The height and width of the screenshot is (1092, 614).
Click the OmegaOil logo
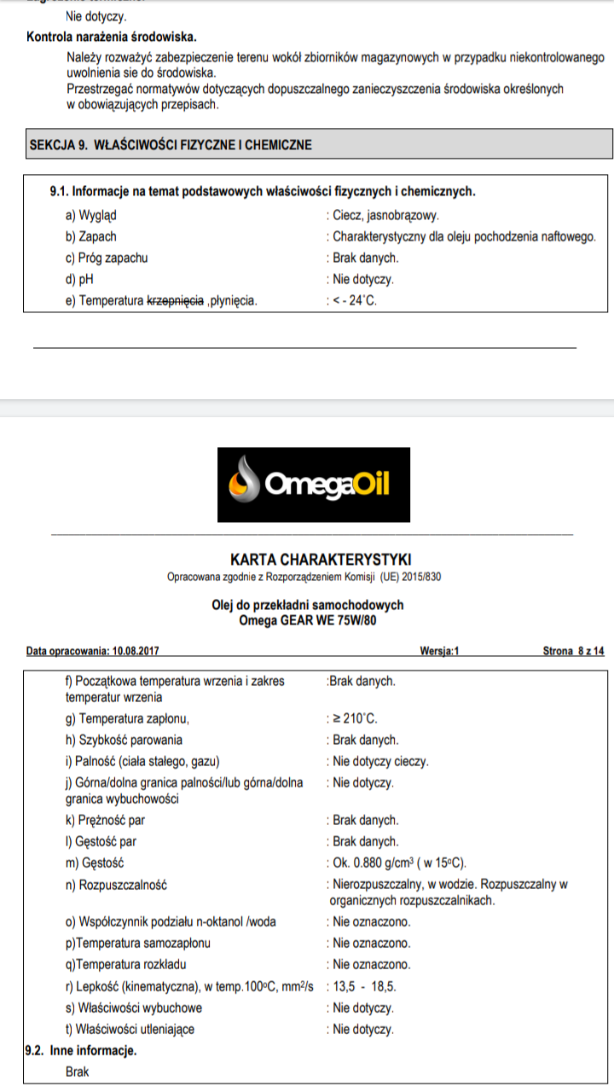314,485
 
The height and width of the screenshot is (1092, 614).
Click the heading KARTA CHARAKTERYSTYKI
321,560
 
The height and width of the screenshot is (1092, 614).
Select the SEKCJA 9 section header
171,144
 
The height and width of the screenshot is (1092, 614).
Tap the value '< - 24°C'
354,300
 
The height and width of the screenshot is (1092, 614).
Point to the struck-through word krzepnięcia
175,300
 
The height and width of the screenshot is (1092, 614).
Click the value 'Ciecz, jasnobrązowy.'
386,216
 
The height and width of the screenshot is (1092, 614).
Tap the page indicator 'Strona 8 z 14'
573,651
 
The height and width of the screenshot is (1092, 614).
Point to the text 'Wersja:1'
440,651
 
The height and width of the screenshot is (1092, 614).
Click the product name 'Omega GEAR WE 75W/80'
308,620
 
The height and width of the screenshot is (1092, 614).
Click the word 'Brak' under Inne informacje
78,1071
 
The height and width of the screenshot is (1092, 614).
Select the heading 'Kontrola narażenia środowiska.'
112,37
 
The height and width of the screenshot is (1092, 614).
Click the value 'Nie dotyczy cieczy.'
380,761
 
